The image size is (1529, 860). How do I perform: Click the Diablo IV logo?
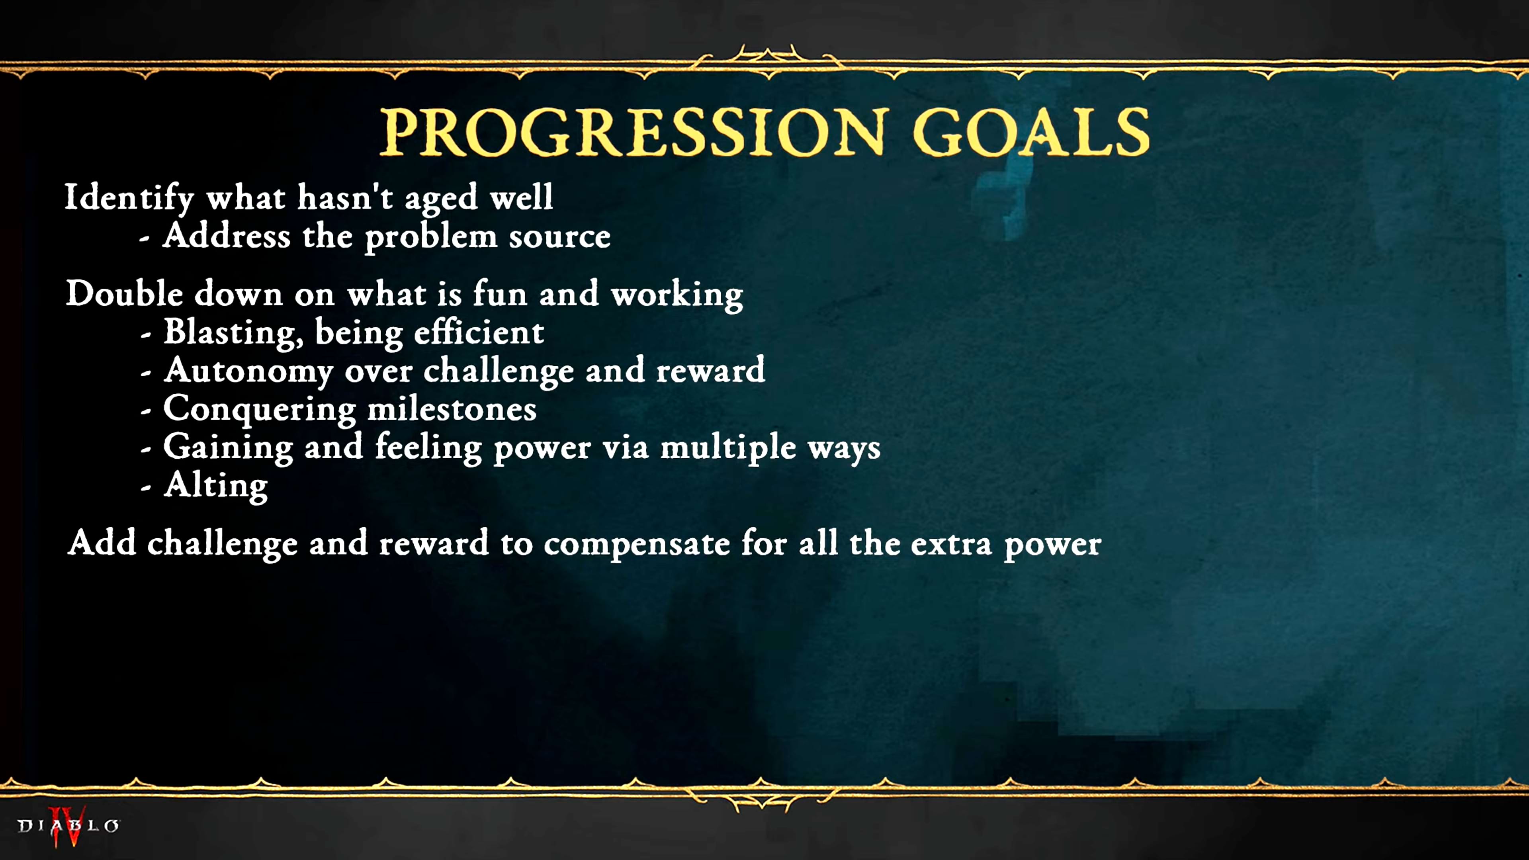click(x=68, y=826)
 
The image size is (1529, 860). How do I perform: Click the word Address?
click(x=227, y=236)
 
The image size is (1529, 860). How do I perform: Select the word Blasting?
click(x=234, y=333)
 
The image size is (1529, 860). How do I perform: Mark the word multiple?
click(x=728, y=448)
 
